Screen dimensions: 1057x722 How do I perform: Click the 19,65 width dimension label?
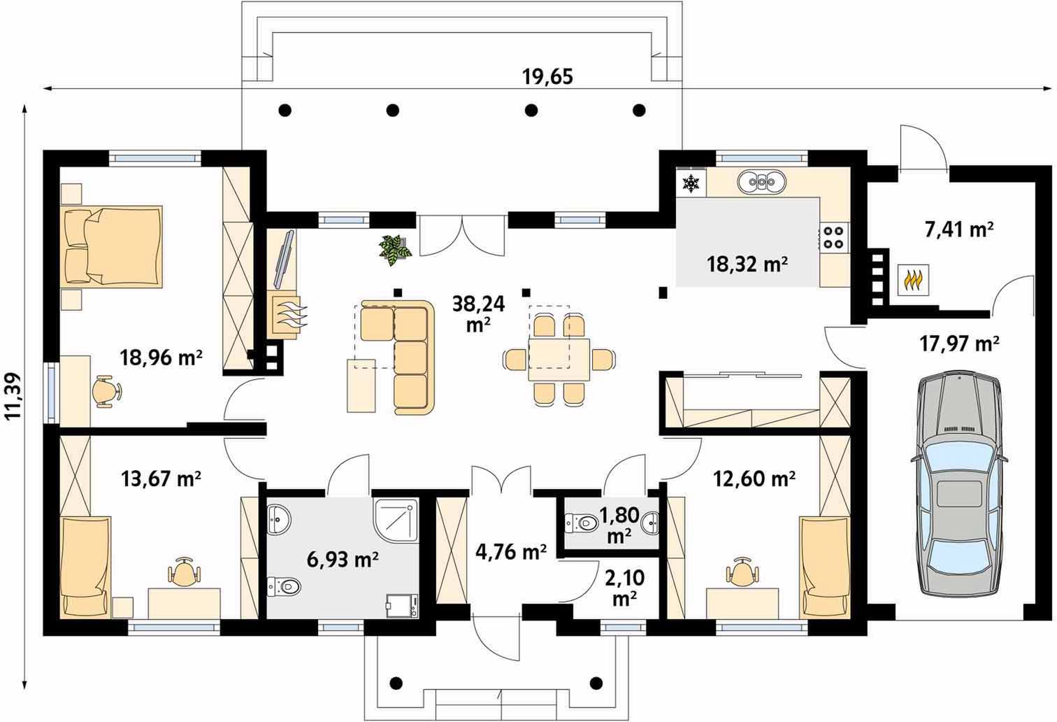pyautogui.click(x=547, y=76)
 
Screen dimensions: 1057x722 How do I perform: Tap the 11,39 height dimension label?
pyautogui.click(x=13, y=396)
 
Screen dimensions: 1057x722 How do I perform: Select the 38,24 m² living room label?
pyautogui.click(x=478, y=314)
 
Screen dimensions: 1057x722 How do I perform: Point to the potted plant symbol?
pyautogui.click(x=395, y=249)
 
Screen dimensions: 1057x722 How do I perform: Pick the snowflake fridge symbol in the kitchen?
pyautogui.click(x=691, y=183)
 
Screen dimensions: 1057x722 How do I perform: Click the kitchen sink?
pyautogui.click(x=762, y=181)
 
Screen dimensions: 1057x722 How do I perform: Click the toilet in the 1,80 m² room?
pyautogui.click(x=581, y=523)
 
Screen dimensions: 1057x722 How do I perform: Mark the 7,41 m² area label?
pyautogui.click(x=959, y=230)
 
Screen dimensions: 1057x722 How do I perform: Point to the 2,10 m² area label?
pyautogui.click(x=625, y=588)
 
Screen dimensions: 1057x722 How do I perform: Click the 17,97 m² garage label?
pyautogui.click(x=959, y=344)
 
